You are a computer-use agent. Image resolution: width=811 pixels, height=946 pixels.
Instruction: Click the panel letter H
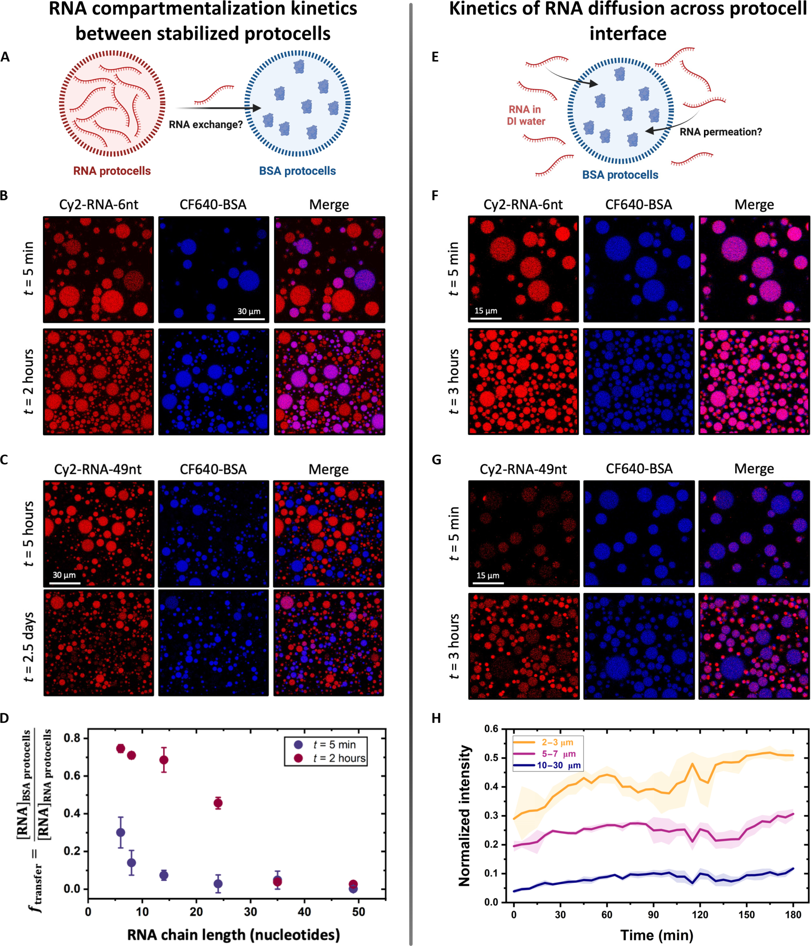[x=436, y=718]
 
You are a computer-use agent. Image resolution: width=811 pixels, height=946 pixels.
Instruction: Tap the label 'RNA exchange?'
[x=205, y=125]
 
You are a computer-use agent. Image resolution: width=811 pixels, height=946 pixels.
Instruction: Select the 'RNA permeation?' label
[x=721, y=132]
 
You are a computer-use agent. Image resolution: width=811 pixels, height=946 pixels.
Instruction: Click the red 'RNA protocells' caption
[x=112, y=171]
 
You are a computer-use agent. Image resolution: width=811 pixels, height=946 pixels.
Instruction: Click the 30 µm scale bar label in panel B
[x=249, y=311]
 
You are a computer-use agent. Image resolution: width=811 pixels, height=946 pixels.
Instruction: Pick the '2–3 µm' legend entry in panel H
[x=557, y=742]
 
